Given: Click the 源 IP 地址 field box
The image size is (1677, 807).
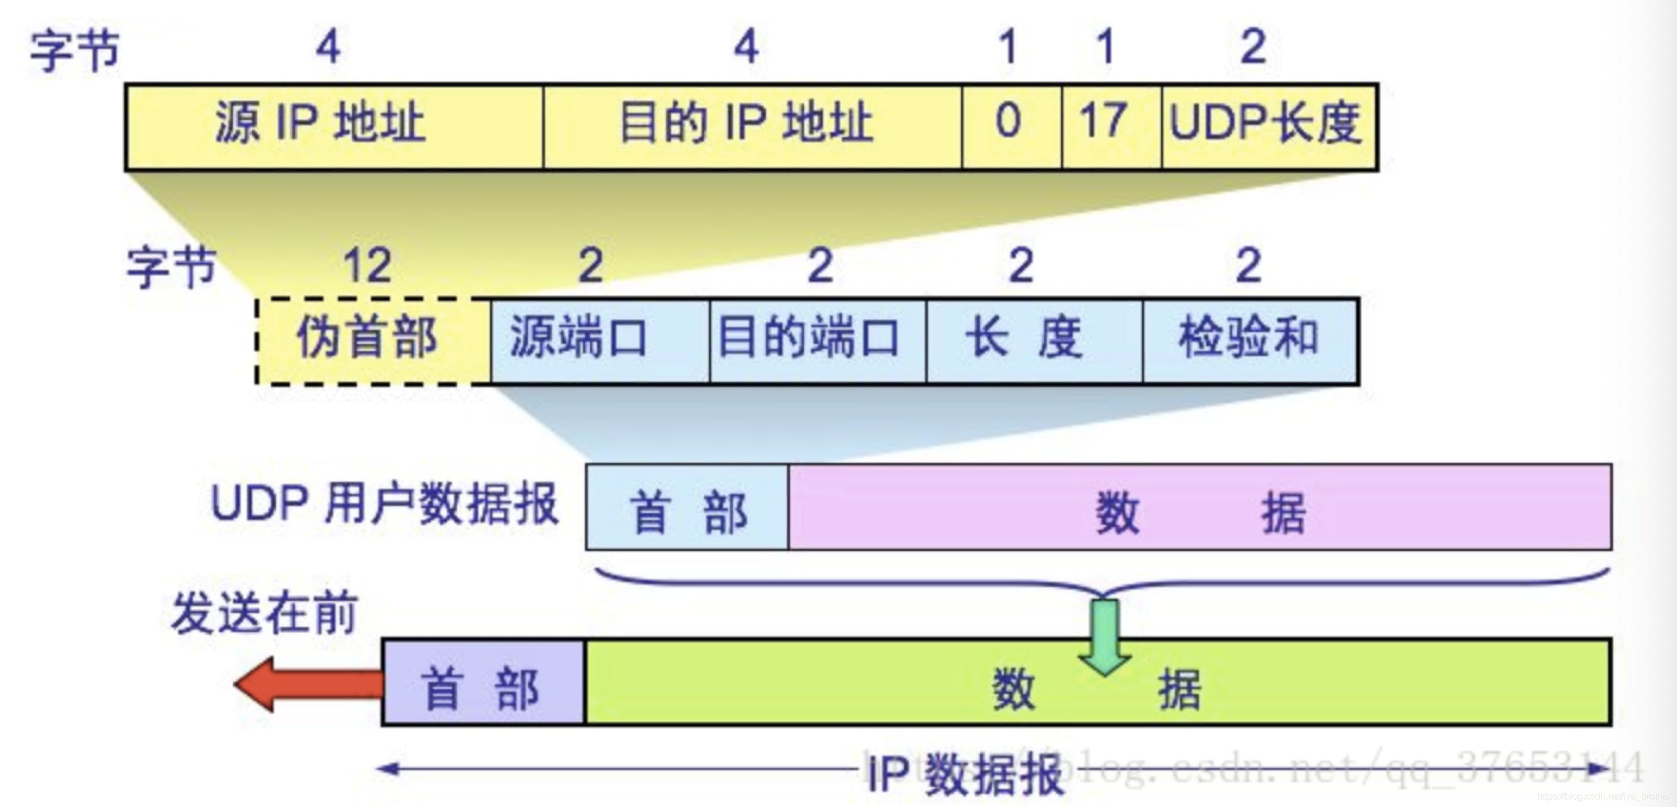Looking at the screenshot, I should tap(334, 126).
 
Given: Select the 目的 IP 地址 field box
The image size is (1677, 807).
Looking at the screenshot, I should tap(752, 126).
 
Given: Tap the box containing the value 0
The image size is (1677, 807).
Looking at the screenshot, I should tap(1011, 126).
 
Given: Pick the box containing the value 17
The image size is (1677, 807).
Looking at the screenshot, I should tap(1111, 126).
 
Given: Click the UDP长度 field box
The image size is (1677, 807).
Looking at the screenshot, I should tap(1268, 126).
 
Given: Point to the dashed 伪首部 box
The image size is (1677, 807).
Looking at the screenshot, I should tap(373, 341).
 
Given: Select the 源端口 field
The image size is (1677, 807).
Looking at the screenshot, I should tap(599, 341).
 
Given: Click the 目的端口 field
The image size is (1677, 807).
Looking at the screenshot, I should tap(817, 341).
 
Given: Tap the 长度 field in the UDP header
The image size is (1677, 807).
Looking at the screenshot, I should tap(1034, 341).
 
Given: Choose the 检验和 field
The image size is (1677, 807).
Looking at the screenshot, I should tap(1250, 341).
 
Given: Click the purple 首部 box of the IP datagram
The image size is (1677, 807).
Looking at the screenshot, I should tap(483, 683).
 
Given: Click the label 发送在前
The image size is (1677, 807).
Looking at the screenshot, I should tap(265, 612).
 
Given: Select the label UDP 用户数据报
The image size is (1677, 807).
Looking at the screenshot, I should tap(384, 504).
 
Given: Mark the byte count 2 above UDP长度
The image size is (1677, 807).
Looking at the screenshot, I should tap(1253, 47).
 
